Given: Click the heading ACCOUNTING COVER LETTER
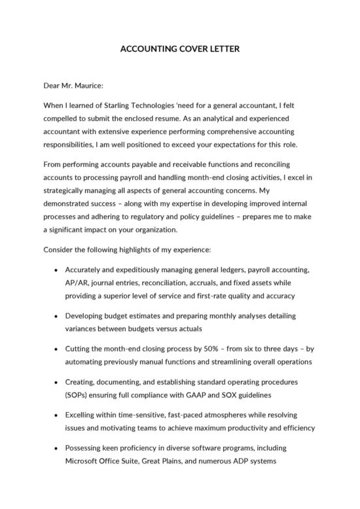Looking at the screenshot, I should [180, 49].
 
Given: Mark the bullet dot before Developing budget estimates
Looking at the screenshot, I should [57, 315].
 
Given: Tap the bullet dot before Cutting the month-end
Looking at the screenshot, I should [57, 349].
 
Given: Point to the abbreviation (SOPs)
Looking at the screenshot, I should [79, 395].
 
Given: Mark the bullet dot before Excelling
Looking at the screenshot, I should [57, 415].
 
